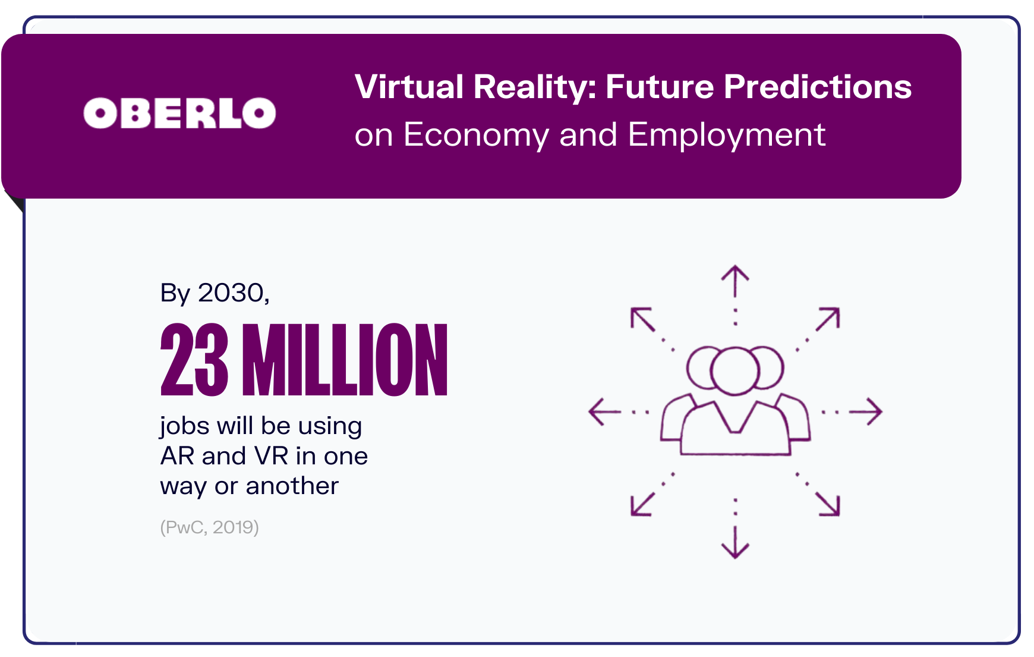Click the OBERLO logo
point(179,113)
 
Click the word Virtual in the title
point(409,87)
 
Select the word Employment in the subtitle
point(726,135)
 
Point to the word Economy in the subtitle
point(476,135)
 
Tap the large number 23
point(194,360)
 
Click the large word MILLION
point(345,360)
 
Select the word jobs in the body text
point(184,426)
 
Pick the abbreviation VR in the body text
point(271,456)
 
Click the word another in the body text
point(292,486)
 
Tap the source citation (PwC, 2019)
point(209,527)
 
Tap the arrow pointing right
point(867,411)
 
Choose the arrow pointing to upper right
point(828,319)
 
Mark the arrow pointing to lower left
point(642,504)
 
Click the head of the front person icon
point(735,370)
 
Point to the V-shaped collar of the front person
point(735,419)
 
